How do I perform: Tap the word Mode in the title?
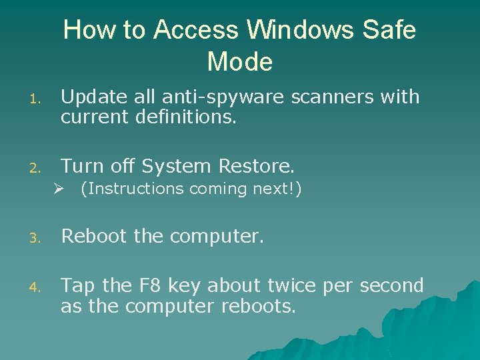pyautogui.click(x=240, y=62)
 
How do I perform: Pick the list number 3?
pyautogui.click(x=38, y=237)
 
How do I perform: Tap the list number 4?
pyautogui.click(x=38, y=287)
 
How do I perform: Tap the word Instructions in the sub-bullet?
pyautogui.click(x=134, y=189)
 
